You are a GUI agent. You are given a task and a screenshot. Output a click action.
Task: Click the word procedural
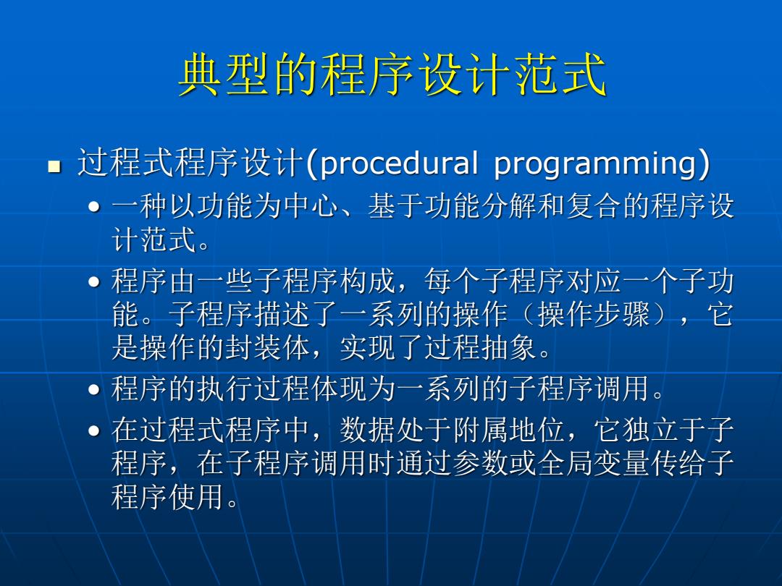pos(399,164)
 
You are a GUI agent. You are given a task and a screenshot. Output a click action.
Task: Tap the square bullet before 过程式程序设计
pos(54,166)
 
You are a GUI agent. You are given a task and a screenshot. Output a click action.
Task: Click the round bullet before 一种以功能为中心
pos(93,207)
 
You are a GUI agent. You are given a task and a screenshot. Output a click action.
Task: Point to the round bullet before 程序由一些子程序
pos(93,282)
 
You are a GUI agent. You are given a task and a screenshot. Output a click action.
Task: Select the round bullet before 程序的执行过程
pos(93,390)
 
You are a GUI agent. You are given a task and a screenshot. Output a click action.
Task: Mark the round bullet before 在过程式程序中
pos(93,431)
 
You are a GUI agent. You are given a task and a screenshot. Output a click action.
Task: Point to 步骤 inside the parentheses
pos(623,315)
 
